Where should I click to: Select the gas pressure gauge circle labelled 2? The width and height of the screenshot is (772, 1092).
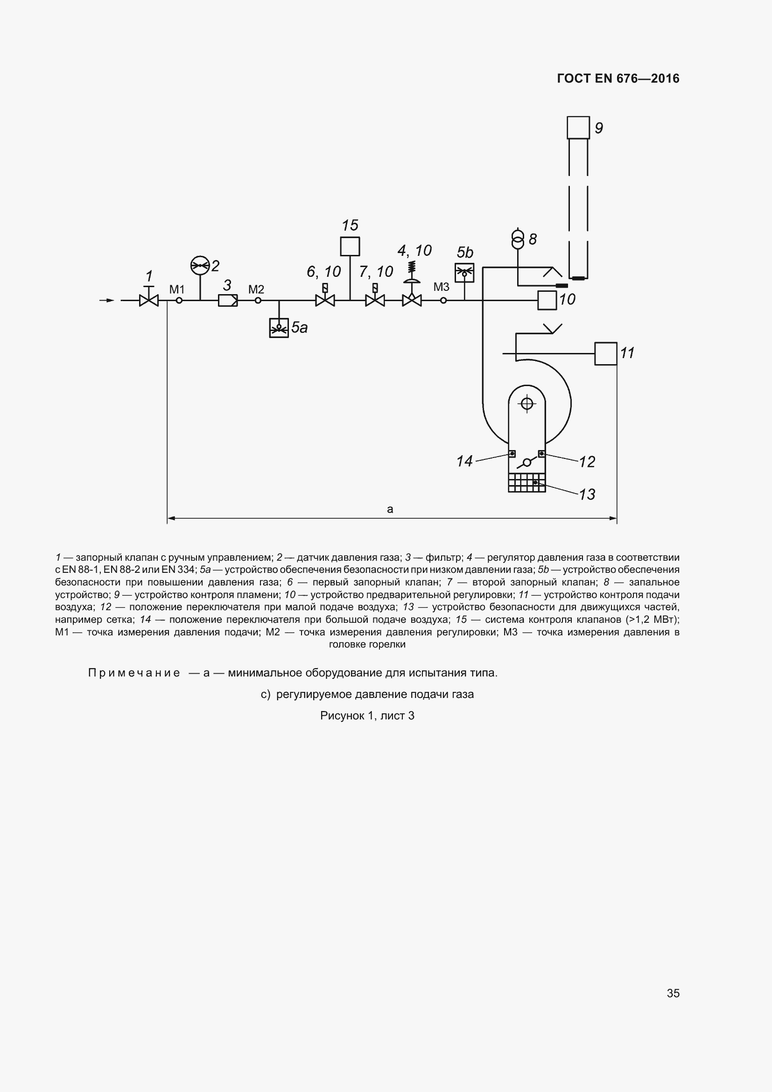point(200,265)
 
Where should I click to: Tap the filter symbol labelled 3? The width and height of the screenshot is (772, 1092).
point(228,301)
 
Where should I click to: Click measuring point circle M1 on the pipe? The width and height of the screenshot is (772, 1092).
point(179,301)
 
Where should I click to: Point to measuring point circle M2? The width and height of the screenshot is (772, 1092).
point(258,301)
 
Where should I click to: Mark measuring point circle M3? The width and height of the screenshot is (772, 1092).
point(443,301)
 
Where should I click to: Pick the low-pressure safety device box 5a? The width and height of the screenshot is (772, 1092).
point(279,328)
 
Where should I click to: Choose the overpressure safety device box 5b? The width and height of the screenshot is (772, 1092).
point(464,273)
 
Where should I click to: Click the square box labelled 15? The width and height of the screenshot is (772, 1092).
point(350,247)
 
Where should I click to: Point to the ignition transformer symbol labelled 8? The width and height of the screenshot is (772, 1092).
point(518,239)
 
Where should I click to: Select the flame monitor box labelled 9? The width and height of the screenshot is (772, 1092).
point(578,127)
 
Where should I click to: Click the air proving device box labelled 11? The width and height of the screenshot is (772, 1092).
point(606,354)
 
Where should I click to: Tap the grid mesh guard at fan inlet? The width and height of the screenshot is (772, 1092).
point(526,483)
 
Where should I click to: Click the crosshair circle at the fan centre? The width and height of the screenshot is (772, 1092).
point(526,404)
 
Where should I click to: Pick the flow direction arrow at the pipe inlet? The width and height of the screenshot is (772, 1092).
point(107,301)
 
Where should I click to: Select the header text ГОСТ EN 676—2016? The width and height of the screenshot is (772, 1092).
point(618,78)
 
